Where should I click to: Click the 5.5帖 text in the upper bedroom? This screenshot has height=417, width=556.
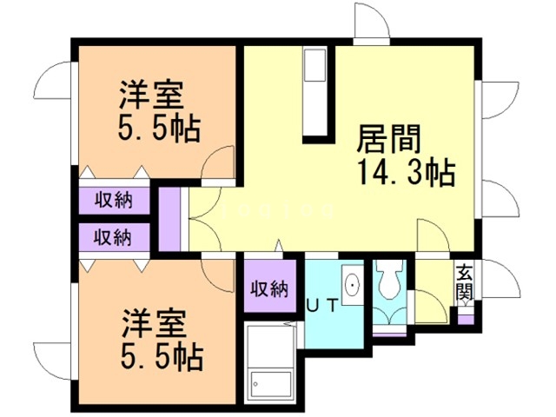tap(159, 128)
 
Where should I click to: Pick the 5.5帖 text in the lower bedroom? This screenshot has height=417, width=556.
tap(160, 354)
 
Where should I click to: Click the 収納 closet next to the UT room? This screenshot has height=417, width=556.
tap(269, 289)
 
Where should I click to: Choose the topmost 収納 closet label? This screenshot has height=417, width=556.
tap(114, 201)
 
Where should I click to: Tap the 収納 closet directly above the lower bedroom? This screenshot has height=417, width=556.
tap(114, 235)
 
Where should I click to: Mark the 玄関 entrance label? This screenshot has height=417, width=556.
tap(466, 282)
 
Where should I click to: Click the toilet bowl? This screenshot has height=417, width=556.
tap(387, 279)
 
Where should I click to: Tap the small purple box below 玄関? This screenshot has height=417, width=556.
tap(467, 318)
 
